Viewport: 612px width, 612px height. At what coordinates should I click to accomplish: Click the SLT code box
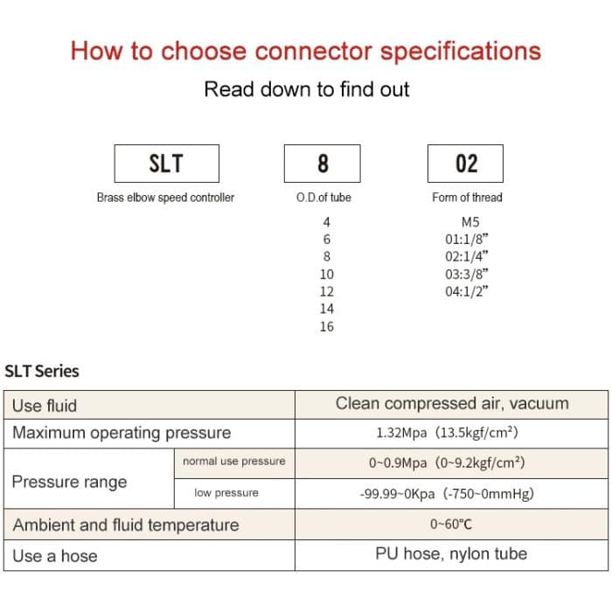[x=166, y=163]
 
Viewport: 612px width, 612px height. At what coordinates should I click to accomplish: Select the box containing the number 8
[x=323, y=163]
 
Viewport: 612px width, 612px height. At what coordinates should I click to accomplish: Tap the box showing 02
[x=467, y=163]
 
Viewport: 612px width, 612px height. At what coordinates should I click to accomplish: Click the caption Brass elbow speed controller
[x=165, y=198]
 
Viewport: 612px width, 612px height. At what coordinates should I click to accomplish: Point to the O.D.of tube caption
[x=323, y=198]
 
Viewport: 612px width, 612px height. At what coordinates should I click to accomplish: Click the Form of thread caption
[x=467, y=198]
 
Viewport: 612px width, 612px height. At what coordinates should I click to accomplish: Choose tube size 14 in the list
[x=326, y=309]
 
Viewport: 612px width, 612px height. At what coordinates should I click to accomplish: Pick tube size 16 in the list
[x=326, y=326]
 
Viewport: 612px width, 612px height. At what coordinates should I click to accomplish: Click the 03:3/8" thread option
[x=466, y=274]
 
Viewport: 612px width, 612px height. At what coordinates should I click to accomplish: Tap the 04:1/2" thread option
[x=466, y=291]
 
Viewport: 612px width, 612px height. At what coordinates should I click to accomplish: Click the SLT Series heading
[x=42, y=372]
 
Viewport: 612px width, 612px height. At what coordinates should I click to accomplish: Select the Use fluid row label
[x=45, y=406]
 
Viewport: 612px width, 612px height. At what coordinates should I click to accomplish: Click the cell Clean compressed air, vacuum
[x=452, y=404]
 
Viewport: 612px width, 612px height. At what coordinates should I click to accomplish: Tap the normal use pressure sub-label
[x=233, y=461]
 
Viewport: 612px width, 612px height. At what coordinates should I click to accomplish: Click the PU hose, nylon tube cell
[x=451, y=553]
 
